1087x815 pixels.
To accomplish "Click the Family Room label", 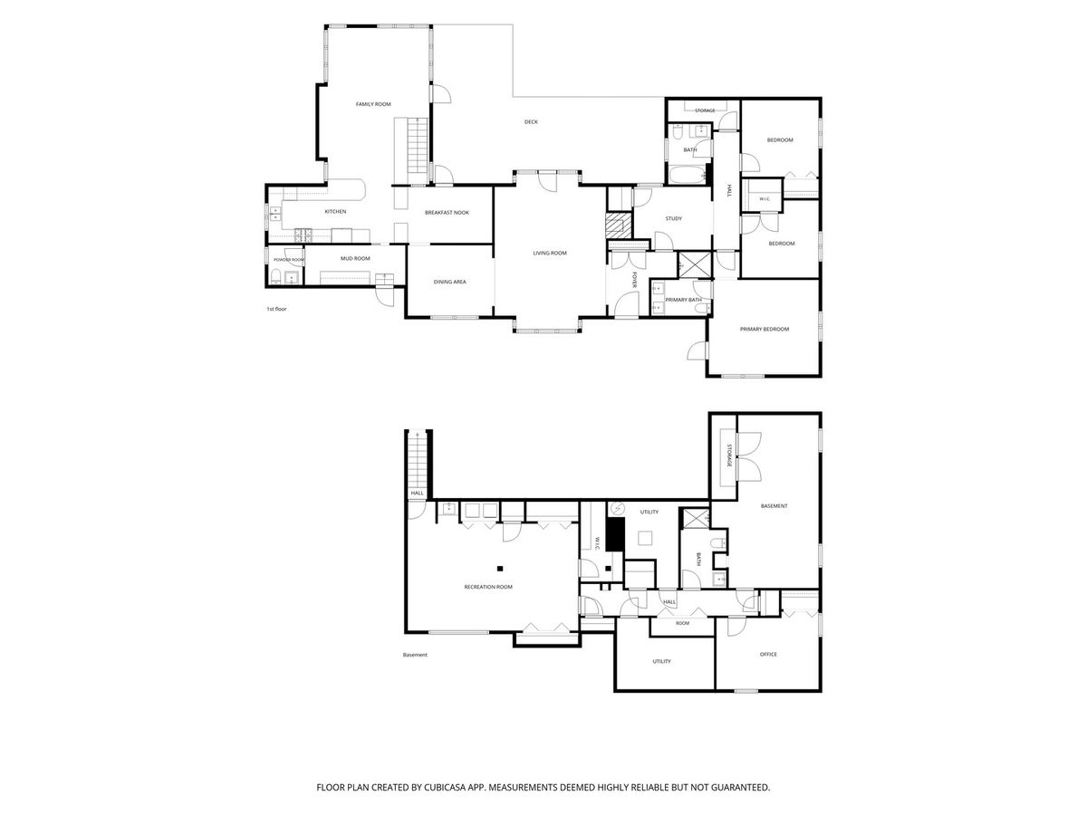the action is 373,104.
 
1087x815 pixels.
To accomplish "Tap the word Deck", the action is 531,121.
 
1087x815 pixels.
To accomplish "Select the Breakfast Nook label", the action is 447,213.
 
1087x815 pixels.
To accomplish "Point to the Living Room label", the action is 550,254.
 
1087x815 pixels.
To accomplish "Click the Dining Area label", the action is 449,282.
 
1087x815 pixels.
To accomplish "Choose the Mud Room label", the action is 355,258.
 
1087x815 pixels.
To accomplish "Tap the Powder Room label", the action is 289,260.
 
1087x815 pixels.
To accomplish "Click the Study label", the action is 674,219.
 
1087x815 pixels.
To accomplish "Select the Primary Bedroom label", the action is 765,329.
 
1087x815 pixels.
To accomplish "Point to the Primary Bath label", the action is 683,300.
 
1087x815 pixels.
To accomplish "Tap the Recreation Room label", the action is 487,587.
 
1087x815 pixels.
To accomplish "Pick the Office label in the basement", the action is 768,654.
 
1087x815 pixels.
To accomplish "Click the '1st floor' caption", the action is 276,310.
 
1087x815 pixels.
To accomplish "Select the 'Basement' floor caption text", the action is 415,655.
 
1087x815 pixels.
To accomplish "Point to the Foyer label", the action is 634,280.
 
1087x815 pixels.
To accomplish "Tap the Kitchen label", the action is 335,212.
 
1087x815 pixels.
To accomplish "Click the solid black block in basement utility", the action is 615,534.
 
